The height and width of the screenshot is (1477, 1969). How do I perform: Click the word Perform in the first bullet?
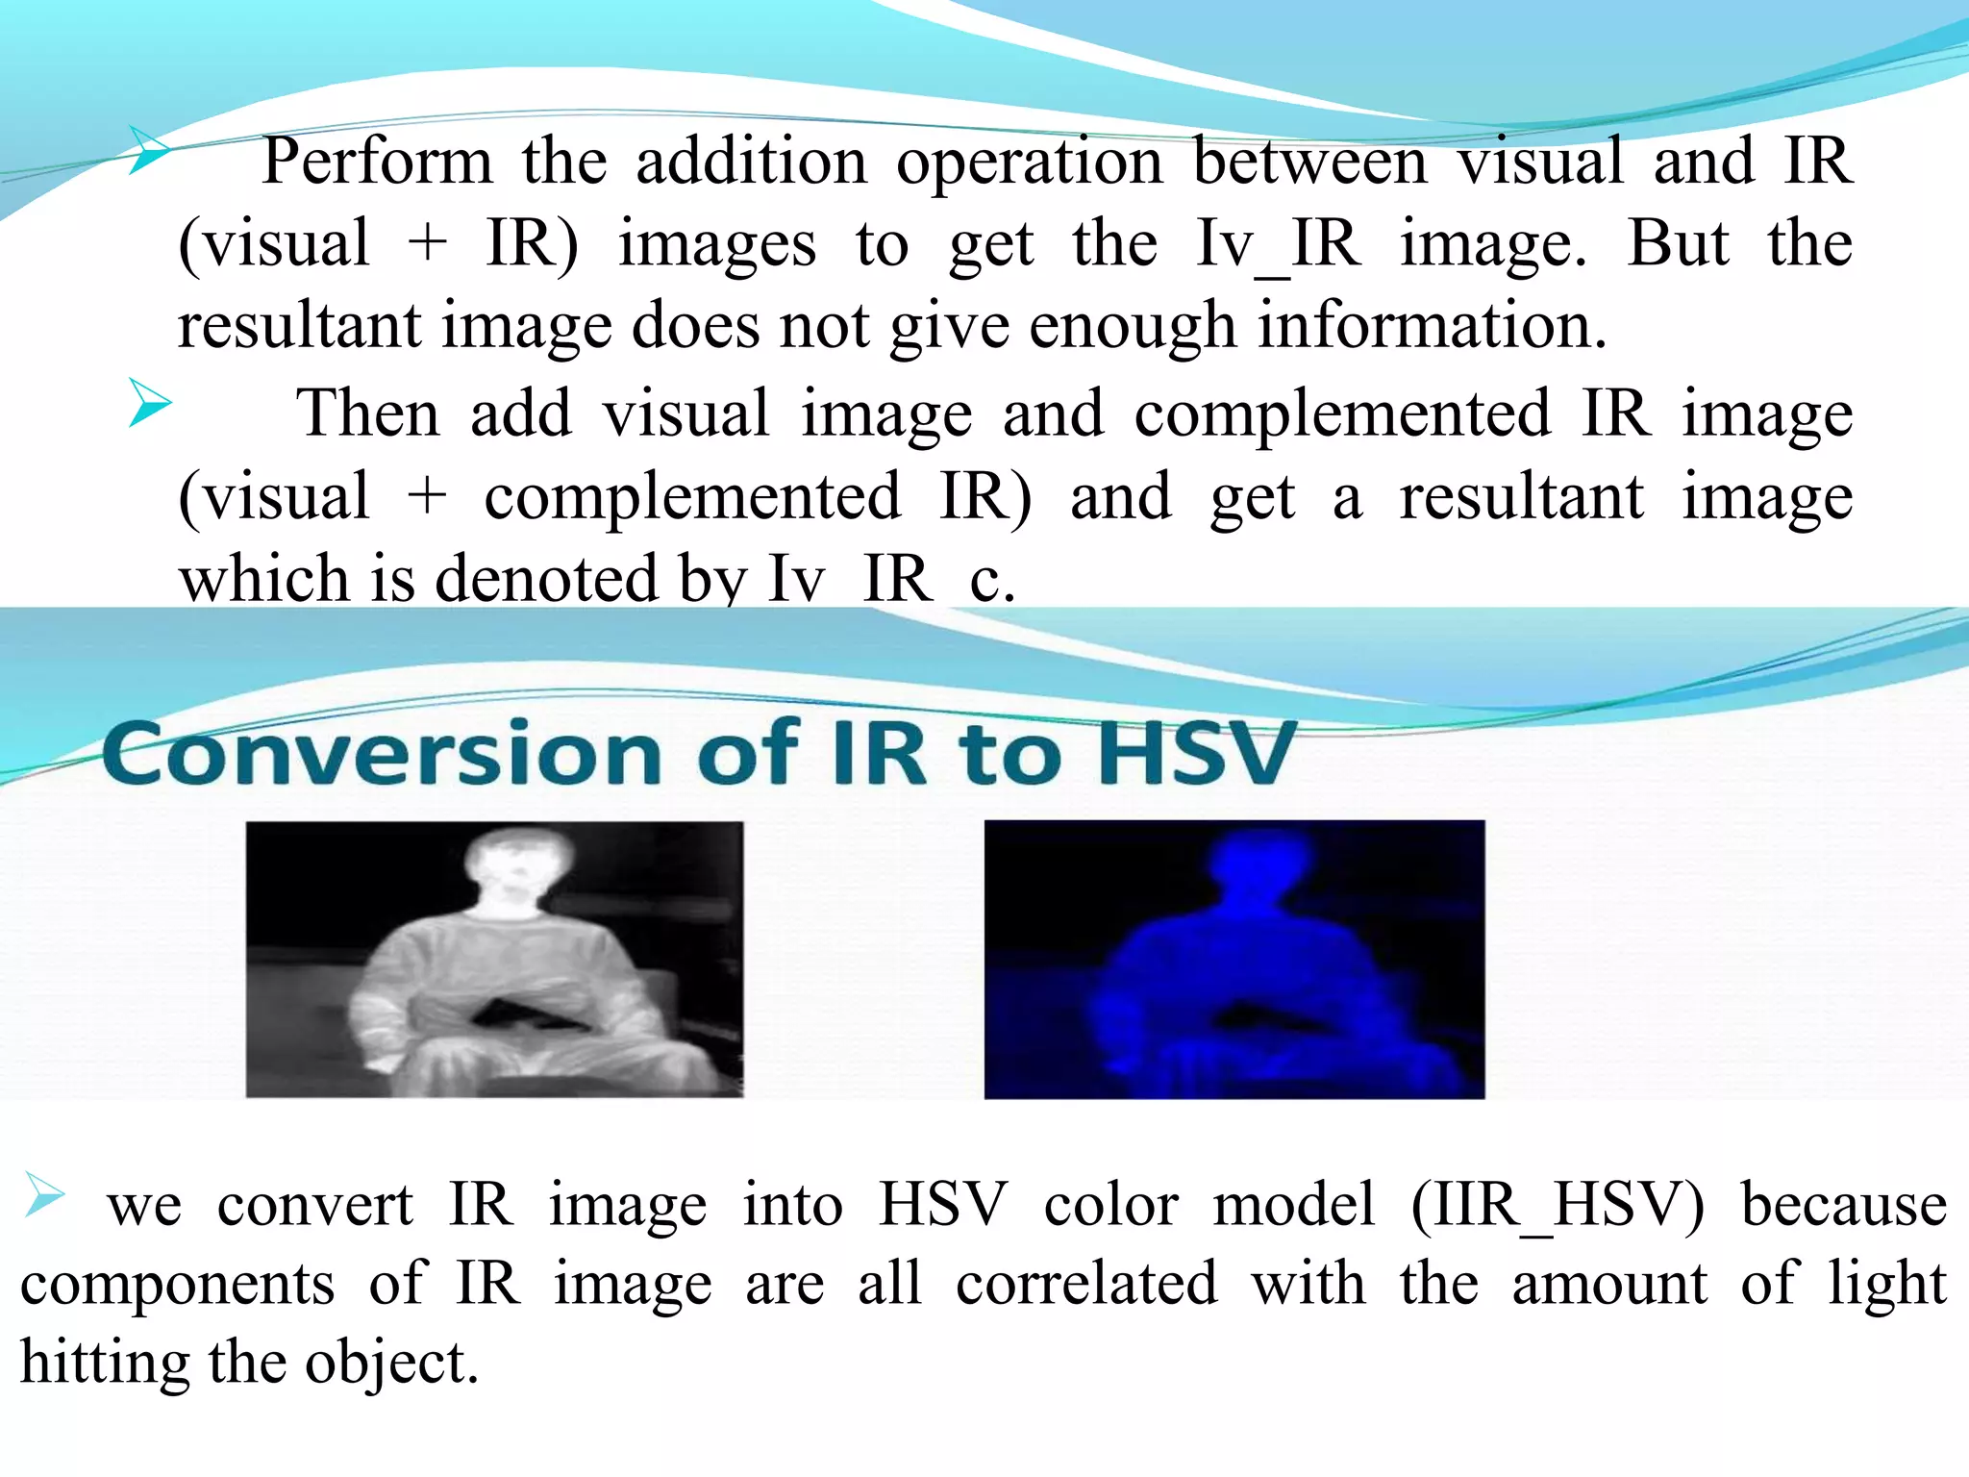coord(376,162)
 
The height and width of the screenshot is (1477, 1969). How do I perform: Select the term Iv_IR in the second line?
coord(1278,245)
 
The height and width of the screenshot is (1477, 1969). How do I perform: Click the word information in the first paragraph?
coord(1432,326)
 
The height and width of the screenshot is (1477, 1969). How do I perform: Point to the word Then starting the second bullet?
coord(367,414)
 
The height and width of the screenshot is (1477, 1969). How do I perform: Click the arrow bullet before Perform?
coord(149,151)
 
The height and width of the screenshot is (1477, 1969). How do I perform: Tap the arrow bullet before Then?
coord(149,403)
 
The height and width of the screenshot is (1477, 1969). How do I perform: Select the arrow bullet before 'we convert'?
coord(44,1194)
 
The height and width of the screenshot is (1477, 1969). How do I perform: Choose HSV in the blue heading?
coord(1196,754)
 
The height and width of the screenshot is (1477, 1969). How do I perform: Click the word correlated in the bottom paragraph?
coord(1086,1284)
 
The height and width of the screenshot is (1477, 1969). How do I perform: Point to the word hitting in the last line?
coord(104,1364)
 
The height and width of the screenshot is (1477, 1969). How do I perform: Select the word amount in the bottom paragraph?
coord(1609,1285)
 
